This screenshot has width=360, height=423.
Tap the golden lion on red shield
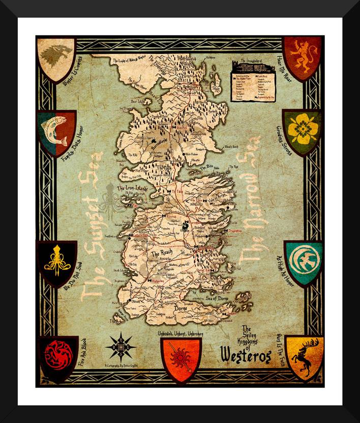click(303, 57)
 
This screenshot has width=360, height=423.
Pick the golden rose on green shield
click(302, 131)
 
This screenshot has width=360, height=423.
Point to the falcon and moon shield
click(303, 261)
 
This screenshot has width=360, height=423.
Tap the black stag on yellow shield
click(304, 356)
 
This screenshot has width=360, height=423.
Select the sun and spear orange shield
click(181, 358)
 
